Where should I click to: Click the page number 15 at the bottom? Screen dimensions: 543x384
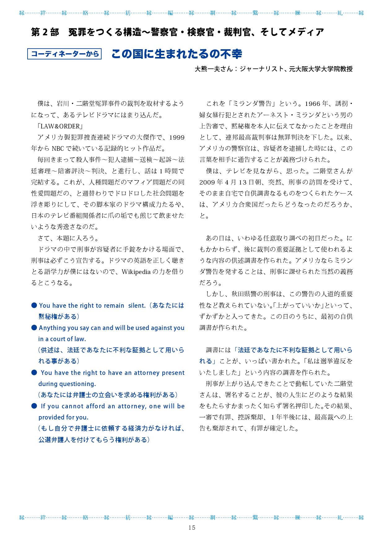[x=192, y=528]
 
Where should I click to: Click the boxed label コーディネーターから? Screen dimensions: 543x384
[x=64, y=54]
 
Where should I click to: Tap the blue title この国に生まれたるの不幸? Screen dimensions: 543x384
[x=176, y=54]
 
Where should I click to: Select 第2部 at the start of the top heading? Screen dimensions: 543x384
[x=45, y=32]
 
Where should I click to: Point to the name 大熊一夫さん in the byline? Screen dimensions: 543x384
[x=214, y=69]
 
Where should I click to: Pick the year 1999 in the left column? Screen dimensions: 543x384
[x=177, y=137]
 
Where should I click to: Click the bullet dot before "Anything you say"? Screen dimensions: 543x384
[x=34, y=328]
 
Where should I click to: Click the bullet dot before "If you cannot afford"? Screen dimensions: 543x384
[x=34, y=406]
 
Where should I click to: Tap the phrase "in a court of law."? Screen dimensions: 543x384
[x=62, y=339]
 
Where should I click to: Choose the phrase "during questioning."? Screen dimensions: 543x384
[x=67, y=384]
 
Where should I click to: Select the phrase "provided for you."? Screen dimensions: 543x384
[x=63, y=417]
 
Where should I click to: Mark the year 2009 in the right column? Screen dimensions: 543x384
[x=207, y=182]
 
